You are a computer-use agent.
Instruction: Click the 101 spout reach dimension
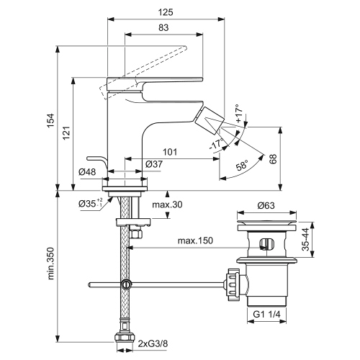pos(170,152)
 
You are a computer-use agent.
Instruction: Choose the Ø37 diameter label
pos(153,165)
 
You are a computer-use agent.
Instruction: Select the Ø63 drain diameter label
pos(269,204)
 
